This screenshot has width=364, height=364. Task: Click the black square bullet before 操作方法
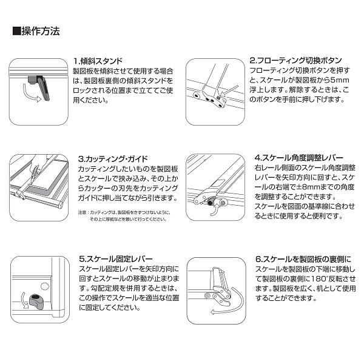click(x=16, y=30)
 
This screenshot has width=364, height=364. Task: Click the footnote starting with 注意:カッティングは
click(x=122, y=215)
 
